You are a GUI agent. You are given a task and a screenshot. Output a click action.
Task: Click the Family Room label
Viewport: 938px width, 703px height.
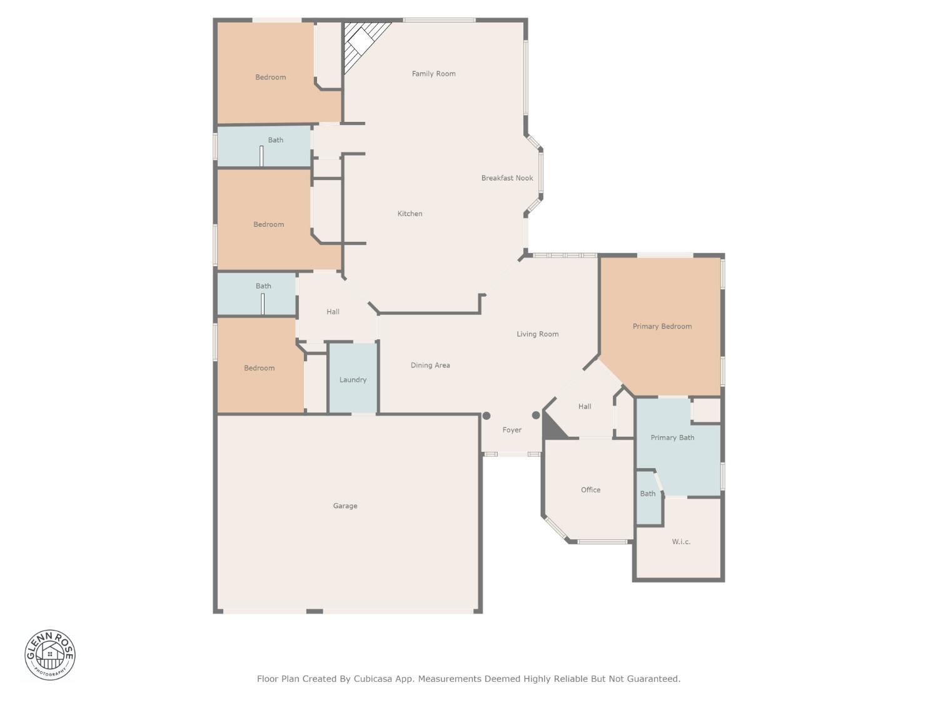coord(433,74)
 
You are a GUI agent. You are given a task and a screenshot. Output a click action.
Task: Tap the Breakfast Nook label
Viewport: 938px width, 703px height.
coord(507,178)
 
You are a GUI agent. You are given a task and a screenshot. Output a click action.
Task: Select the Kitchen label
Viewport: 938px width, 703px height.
coord(410,214)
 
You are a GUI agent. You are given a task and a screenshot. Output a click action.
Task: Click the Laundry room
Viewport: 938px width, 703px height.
coord(353,379)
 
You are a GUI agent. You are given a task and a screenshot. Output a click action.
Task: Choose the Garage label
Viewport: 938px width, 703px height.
coord(345,506)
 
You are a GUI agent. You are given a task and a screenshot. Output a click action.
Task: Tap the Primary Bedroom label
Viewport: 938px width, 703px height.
coord(662,326)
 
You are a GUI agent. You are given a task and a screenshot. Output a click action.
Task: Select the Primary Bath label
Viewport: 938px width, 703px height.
coord(672,437)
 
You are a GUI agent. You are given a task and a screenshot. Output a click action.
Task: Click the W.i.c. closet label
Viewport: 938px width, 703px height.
coord(681,542)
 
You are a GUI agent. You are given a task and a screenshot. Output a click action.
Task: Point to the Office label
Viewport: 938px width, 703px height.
coord(590,490)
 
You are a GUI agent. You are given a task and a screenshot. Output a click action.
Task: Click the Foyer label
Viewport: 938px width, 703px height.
coord(512,430)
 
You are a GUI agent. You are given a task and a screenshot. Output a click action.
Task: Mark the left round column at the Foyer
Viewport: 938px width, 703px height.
coord(487,416)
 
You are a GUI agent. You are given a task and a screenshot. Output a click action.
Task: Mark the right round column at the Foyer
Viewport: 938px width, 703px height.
coord(536,416)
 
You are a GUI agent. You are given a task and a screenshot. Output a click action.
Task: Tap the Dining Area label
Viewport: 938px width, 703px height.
coord(430,366)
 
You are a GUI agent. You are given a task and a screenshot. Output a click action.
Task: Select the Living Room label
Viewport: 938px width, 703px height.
coord(537,334)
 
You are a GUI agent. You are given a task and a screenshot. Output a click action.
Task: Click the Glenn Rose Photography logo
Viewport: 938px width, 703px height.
coord(50,655)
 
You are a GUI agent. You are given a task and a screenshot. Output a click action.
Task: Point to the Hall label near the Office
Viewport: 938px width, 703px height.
coord(585,407)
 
